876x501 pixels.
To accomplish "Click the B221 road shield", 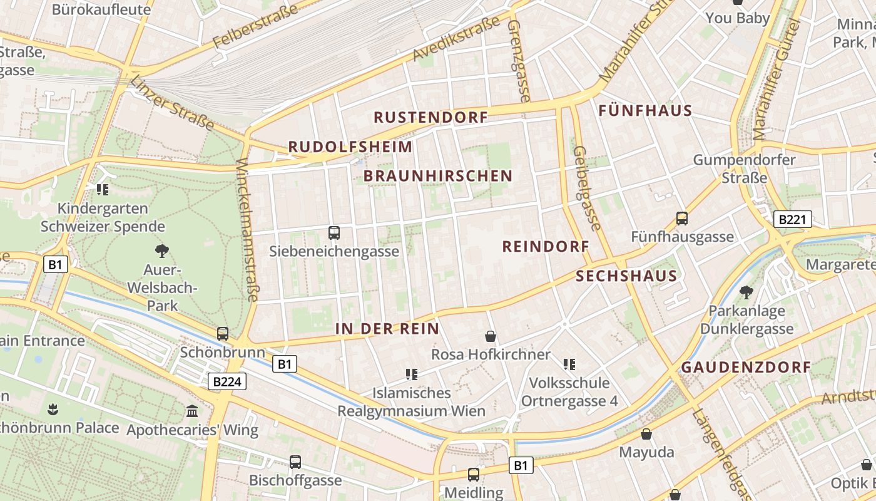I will (793, 219).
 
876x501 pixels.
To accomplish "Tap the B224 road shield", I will (227, 381).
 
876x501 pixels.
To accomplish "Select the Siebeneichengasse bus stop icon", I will (334, 233).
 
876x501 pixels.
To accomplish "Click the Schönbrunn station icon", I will (223, 334).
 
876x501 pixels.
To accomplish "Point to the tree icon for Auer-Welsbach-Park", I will (162, 252).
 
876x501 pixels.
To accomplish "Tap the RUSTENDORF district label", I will (430, 117).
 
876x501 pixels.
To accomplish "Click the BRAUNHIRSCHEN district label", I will (438, 176).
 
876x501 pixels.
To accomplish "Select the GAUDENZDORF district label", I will (746, 368).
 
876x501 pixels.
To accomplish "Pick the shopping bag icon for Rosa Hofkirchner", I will (491, 337).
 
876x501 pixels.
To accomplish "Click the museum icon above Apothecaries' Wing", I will (192, 411).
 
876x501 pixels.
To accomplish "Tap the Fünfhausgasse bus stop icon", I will (682, 219).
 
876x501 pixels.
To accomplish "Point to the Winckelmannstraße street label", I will (247, 229).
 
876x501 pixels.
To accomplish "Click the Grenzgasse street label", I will (519, 61).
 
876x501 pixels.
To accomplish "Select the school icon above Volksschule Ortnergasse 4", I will (569, 364).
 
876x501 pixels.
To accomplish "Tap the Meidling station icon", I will (474, 475).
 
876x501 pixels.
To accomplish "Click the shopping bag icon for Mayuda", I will (646, 434).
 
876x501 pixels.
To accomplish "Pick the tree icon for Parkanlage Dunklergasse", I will (746, 292).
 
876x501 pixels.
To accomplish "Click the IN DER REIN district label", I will (387, 329).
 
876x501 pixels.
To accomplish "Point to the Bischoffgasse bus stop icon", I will (295, 462).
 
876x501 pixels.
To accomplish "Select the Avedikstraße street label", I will (457, 39).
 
